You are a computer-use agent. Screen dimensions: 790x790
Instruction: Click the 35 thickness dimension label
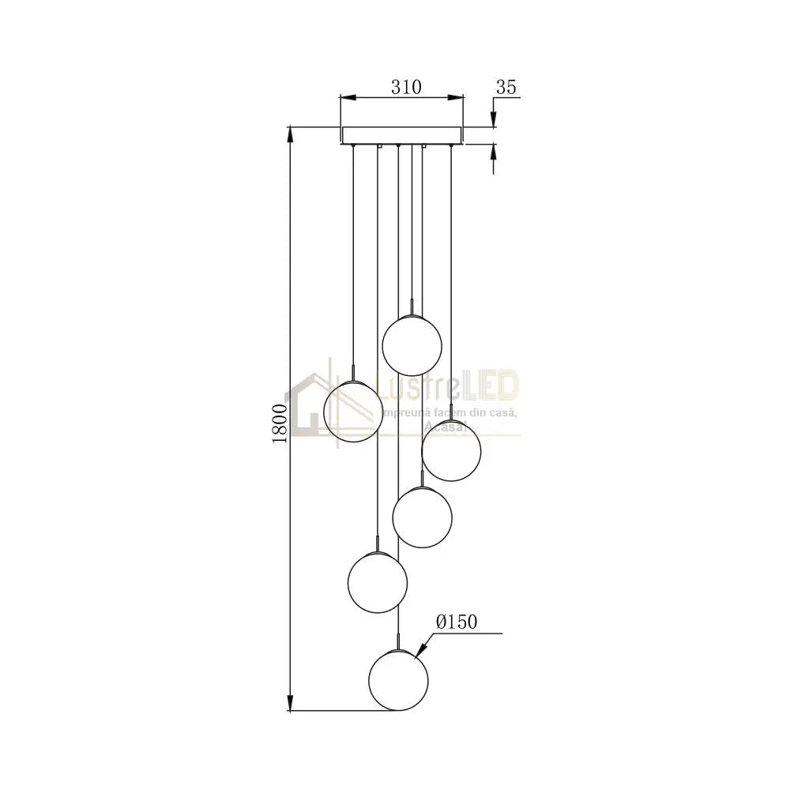click(x=506, y=87)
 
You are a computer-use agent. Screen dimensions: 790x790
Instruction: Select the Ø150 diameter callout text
click(x=457, y=623)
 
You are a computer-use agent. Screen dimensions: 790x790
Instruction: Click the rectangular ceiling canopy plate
click(x=402, y=135)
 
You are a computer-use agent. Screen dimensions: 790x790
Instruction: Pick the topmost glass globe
click(x=412, y=344)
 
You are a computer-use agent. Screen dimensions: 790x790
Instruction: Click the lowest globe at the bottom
click(x=399, y=679)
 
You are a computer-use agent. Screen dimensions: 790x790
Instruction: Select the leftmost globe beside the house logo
click(x=354, y=411)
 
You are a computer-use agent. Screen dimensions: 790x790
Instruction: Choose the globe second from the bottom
click(x=378, y=582)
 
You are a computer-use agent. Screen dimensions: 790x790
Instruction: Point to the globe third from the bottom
click(x=422, y=517)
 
